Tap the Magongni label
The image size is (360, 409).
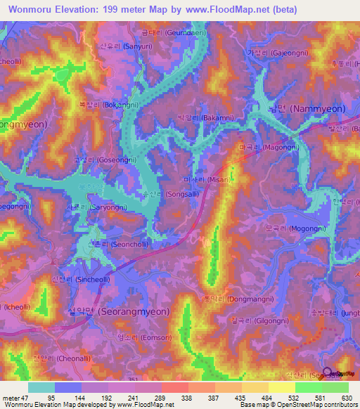pyautogui.click(x=269, y=148)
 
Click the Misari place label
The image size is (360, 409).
pyautogui.click(x=212, y=180)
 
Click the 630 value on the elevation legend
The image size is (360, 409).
pyautogui.click(x=344, y=398)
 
